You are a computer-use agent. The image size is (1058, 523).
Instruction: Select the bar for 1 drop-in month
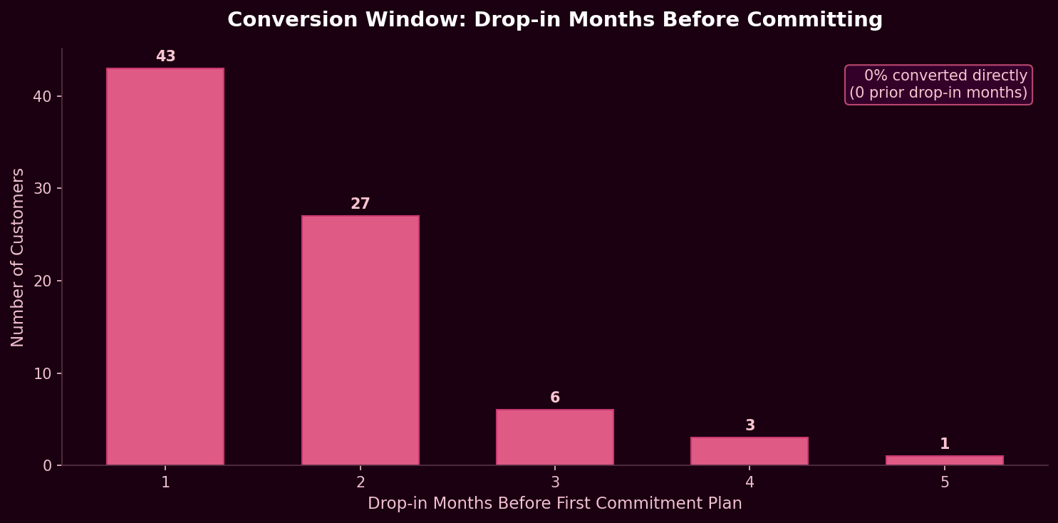click(165, 267)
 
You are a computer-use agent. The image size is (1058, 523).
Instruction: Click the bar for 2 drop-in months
click(361, 341)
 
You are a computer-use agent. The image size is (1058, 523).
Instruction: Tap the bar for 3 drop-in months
click(555, 437)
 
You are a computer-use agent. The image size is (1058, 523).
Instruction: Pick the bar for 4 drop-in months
click(750, 452)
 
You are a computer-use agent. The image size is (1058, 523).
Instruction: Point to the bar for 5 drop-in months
click(945, 461)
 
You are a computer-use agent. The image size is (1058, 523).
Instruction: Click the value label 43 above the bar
click(165, 57)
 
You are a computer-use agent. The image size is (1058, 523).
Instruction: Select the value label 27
click(361, 204)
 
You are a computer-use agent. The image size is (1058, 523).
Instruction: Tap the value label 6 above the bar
click(555, 398)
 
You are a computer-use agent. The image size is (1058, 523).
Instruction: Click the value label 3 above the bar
click(750, 426)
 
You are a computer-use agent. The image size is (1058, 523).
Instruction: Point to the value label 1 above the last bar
click(945, 445)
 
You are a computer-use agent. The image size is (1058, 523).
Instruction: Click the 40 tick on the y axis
click(43, 96)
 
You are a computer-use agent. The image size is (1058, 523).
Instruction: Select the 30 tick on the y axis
click(43, 189)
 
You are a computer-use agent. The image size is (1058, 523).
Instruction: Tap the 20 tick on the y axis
click(43, 281)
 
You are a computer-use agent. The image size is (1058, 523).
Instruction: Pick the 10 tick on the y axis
click(43, 373)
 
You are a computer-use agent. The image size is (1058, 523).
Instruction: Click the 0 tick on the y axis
click(48, 465)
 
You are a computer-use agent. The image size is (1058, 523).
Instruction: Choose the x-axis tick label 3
click(555, 482)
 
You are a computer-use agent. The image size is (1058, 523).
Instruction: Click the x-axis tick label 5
click(945, 482)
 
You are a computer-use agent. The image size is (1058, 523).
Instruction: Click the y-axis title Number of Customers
click(18, 257)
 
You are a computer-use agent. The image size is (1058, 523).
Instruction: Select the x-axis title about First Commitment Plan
click(555, 504)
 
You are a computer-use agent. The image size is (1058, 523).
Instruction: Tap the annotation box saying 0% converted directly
click(938, 85)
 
